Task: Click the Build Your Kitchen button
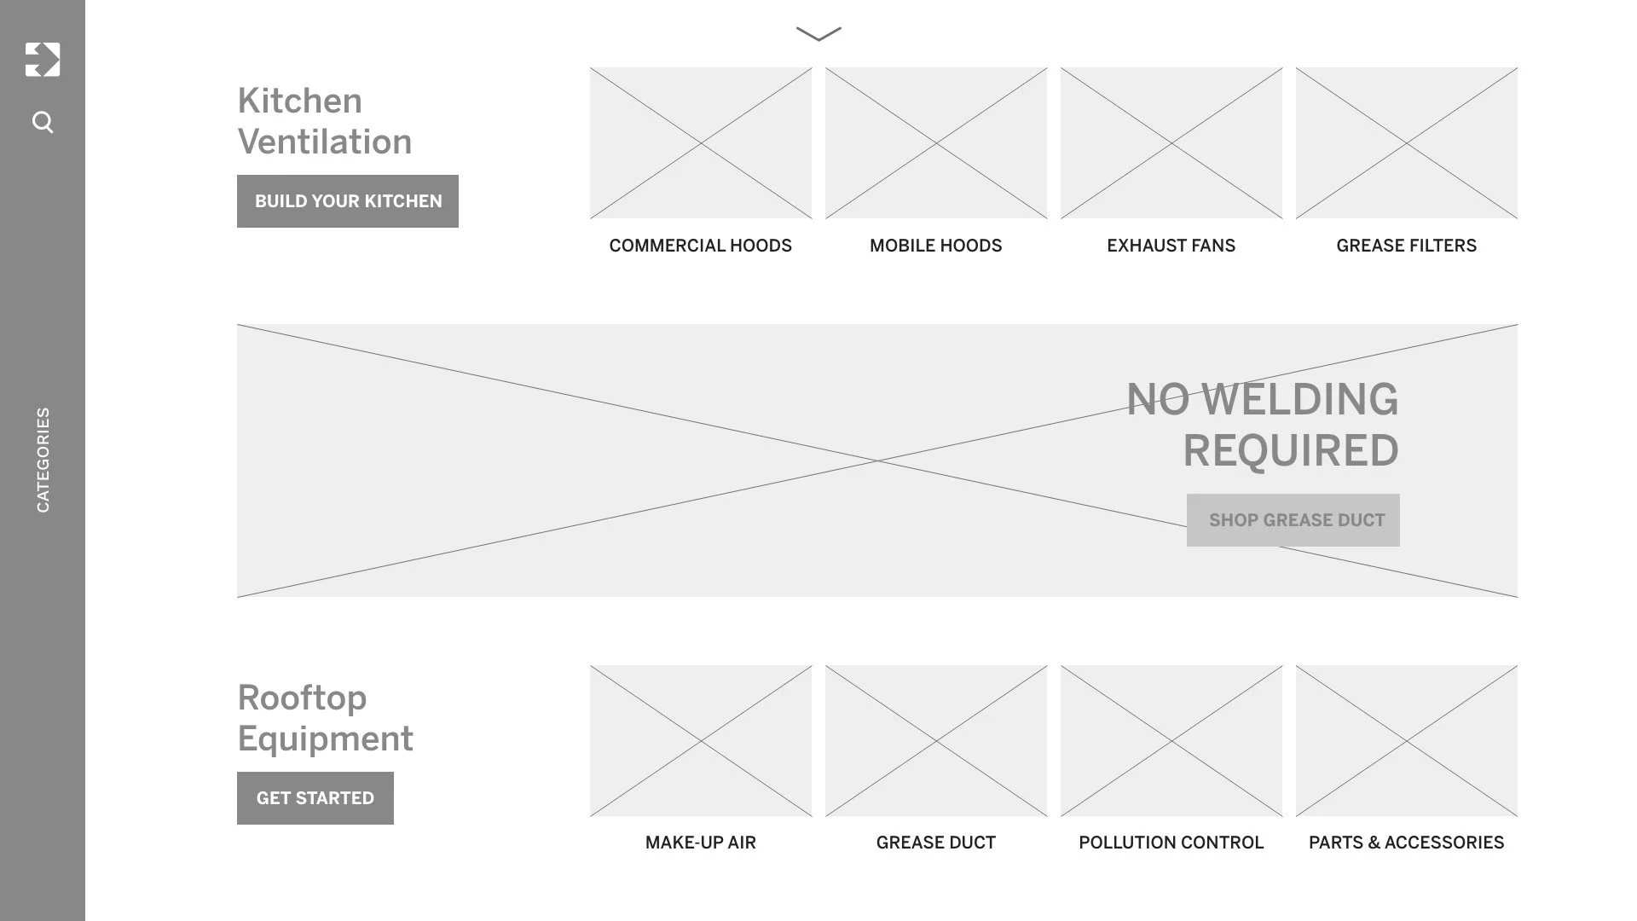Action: tap(348, 201)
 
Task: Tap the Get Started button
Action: tap(315, 798)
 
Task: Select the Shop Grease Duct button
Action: tap(1293, 520)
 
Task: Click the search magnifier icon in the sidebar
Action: tap(43, 123)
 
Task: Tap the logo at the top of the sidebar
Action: tap(43, 60)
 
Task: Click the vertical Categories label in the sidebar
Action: tap(43, 460)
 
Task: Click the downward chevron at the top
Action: tap(818, 34)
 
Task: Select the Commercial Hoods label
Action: tap(700, 246)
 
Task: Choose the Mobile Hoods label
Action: tap(935, 246)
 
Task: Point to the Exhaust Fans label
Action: tap(1171, 246)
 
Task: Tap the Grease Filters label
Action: tap(1406, 246)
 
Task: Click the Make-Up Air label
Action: tap(700, 843)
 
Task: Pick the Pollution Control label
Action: tap(1171, 843)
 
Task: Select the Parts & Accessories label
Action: tap(1406, 843)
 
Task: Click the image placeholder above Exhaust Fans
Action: tap(1171, 143)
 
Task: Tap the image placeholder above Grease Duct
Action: tap(936, 740)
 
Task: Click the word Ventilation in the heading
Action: tap(325, 142)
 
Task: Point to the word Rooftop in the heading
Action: tap(302, 698)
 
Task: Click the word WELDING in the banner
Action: tap(1299, 399)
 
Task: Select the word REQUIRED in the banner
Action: tap(1290, 450)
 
